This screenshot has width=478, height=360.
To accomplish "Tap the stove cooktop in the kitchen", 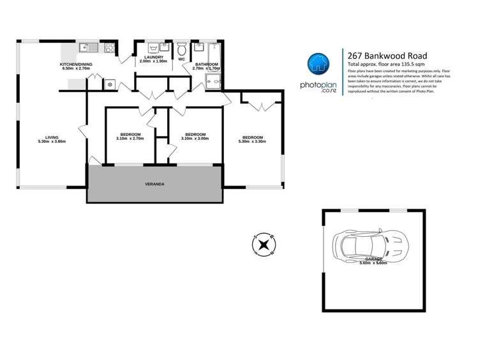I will [x=108, y=47].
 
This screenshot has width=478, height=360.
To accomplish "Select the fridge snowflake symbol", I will [x=109, y=84].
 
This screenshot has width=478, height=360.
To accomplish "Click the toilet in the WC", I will [x=181, y=49].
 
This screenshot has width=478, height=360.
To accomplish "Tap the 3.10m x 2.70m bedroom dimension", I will [x=130, y=138].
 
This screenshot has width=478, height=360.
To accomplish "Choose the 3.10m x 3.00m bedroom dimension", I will [x=195, y=138].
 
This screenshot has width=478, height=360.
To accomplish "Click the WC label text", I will [x=181, y=60].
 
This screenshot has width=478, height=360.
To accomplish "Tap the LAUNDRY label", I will [x=153, y=57].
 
